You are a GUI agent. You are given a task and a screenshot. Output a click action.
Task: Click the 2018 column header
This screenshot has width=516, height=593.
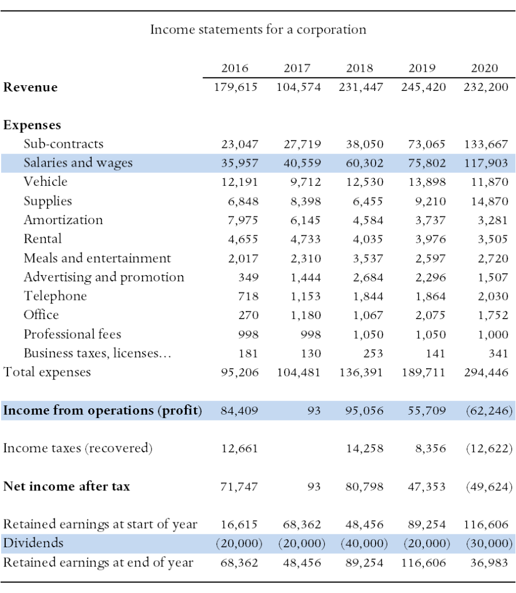359,68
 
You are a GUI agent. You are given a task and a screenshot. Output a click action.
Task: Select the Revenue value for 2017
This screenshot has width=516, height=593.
299,87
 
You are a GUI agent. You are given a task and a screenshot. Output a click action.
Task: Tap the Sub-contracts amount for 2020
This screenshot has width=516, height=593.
486,144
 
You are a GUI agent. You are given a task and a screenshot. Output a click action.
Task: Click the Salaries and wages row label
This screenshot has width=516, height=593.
78,163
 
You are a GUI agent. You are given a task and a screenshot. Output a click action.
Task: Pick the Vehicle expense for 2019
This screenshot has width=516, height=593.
427,182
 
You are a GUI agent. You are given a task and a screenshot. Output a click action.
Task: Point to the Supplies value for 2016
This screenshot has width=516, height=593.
243,201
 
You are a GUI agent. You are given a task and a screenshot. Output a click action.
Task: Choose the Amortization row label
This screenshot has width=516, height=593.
63,219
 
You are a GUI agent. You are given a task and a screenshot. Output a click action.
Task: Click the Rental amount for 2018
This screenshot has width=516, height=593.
368,239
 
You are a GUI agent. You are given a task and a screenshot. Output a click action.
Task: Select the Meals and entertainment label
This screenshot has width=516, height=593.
97,258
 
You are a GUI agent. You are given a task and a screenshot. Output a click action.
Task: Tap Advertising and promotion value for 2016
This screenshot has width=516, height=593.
248,277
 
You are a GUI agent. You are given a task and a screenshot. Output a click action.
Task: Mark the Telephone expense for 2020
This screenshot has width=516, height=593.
493,296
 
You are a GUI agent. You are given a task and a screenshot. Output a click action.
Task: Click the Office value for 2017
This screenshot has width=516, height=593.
306,315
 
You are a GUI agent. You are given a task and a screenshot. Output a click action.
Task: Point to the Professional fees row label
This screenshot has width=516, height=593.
72,334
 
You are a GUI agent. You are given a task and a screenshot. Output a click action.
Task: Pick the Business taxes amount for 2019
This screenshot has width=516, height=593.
435,353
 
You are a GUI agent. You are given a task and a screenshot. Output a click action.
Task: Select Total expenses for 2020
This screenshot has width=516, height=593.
486,372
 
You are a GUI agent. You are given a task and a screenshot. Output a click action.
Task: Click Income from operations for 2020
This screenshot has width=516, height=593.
489,411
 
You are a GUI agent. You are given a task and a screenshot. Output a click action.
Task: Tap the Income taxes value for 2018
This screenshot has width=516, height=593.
365,449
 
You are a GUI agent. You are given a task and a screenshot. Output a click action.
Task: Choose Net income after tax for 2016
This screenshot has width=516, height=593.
239,486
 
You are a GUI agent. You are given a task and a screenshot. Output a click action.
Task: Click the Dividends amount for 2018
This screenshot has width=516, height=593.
364,543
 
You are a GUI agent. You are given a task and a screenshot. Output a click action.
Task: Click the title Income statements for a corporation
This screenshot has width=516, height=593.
258,30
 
